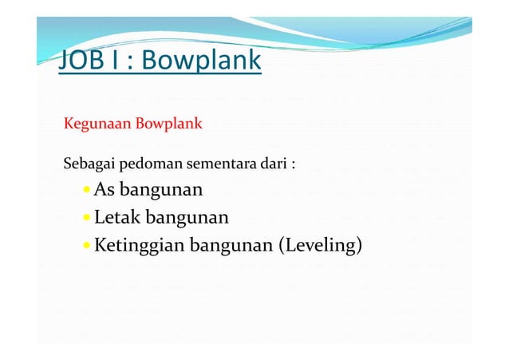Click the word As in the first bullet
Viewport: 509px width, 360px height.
pos(104,190)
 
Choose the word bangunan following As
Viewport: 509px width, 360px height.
pos(160,192)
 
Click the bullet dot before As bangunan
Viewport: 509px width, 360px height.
pos(86,192)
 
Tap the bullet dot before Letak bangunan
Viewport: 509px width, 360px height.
pos(86,219)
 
